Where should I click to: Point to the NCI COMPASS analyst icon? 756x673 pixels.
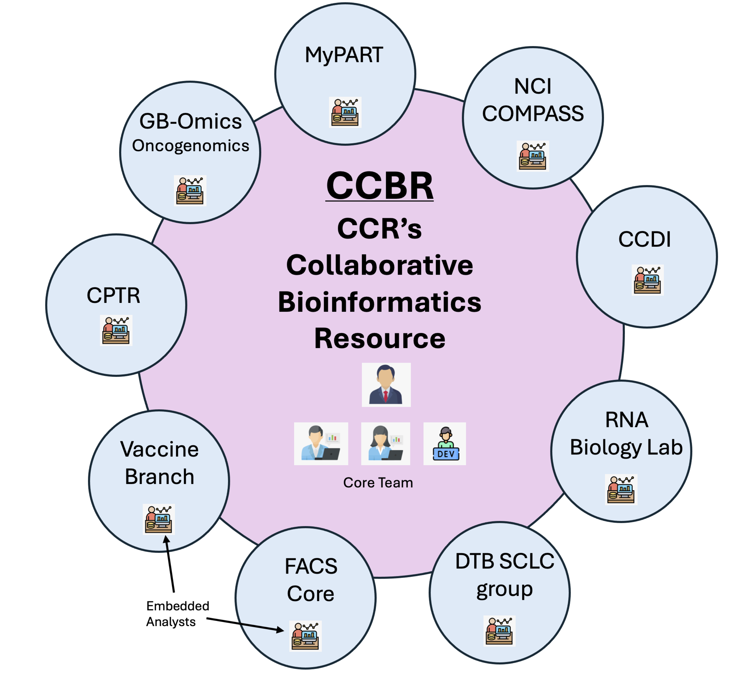pyautogui.click(x=533, y=156)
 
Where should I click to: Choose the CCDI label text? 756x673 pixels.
pyautogui.click(x=645, y=239)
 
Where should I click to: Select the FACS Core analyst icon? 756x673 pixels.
pyautogui.click(x=306, y=636)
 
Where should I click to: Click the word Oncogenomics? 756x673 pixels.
pyautogui.click(x=190, y=145)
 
